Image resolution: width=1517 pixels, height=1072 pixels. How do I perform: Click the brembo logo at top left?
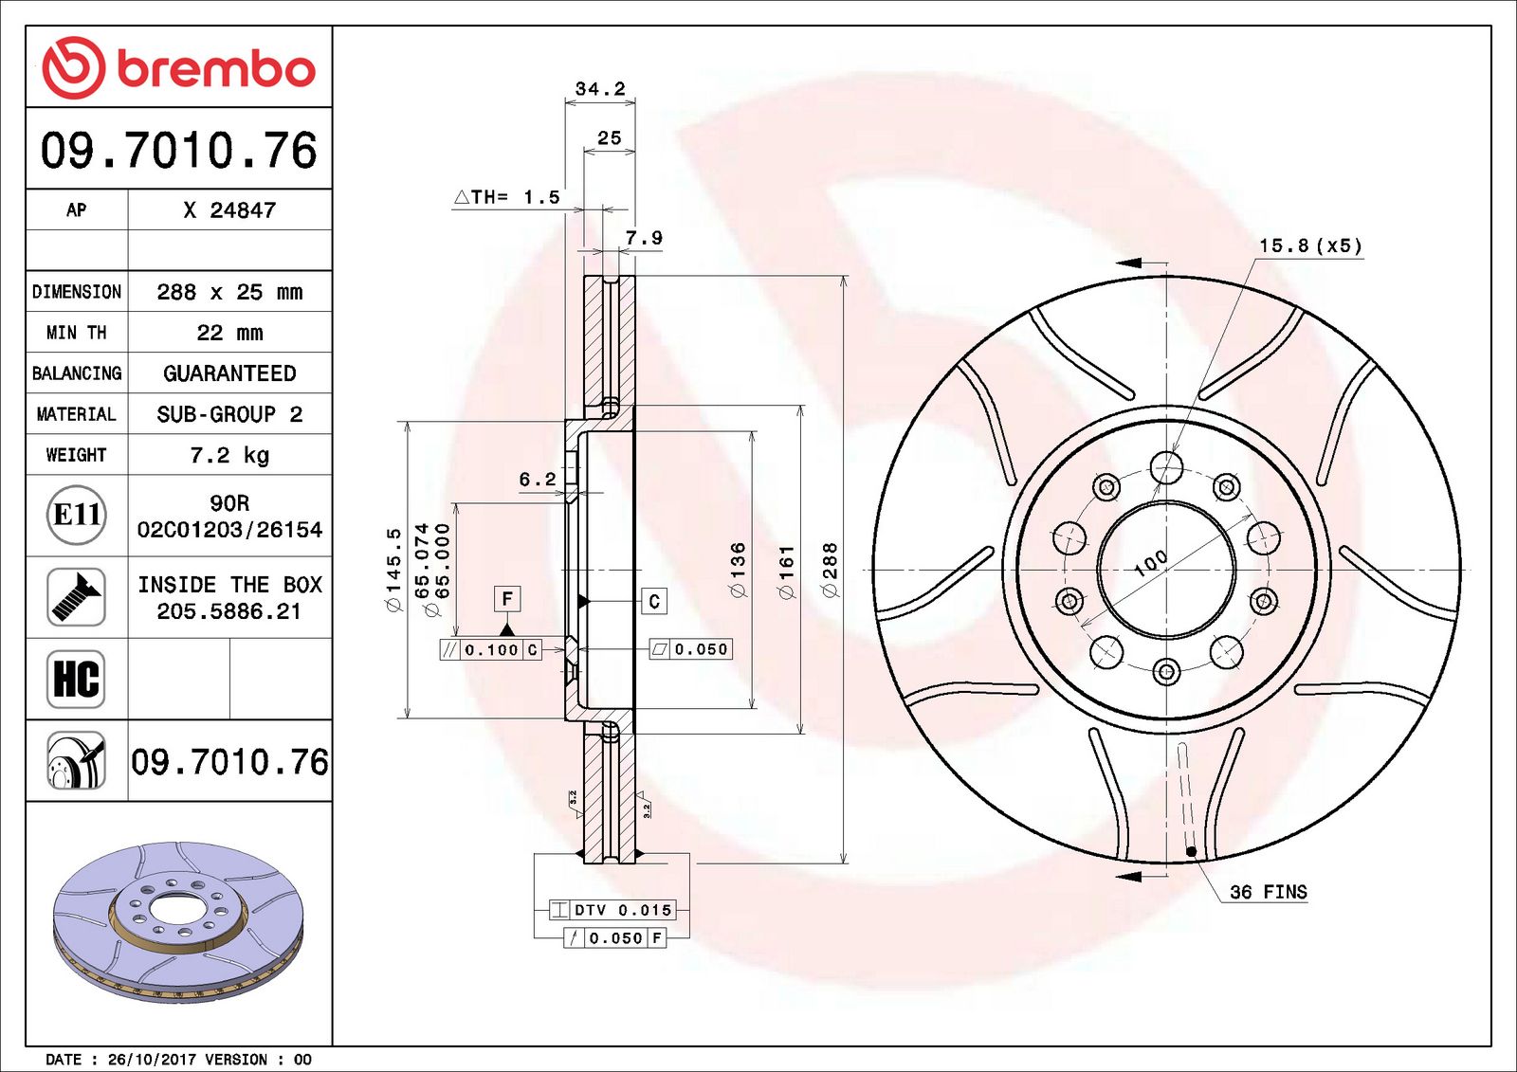click(178, 68)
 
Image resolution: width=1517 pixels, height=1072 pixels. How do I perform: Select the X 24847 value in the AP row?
click(229, 210)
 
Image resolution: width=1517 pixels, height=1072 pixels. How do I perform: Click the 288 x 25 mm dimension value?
click(229, 292)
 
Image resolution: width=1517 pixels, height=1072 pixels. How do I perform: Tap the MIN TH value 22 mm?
click(229, 333)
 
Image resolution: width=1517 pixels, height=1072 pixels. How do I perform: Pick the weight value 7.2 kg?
click(229, 455)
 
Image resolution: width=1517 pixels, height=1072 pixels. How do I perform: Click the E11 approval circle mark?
click(76, 515)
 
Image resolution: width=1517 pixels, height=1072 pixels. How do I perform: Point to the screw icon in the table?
click(76, 596)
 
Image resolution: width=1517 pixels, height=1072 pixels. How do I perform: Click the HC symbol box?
click(76, 679)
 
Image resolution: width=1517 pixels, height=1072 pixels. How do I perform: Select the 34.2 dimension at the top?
click(600, 89)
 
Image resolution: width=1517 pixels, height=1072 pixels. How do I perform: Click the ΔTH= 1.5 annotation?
click(506, 197)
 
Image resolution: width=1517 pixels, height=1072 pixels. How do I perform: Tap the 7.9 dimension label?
click(644, 238)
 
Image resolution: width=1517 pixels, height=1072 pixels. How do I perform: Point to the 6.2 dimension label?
click(538, 480)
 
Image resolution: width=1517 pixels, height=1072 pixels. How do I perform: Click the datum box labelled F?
click(507, 599)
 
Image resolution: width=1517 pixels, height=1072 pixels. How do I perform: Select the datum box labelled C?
click(654, 601)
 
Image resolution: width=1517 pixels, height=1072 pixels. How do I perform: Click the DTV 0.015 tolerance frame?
click(612, 910)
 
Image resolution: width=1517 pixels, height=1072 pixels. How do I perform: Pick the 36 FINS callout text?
click(1268, 892)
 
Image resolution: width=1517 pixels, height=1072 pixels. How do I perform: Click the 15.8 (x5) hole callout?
click(1310, 245)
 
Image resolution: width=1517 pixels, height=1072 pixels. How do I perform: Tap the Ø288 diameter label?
click(831, 570)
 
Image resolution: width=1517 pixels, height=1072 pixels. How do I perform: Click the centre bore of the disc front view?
click(1167, 570)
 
